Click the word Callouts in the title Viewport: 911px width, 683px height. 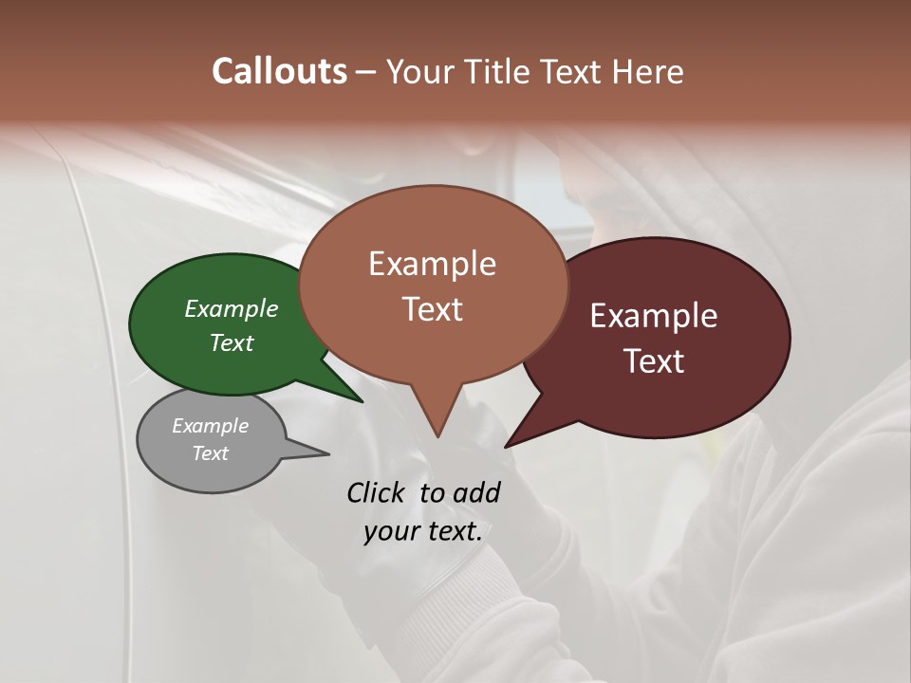(x=279, y=71)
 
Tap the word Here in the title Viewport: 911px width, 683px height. (x=648, y=71)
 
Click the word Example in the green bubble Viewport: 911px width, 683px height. (x=232, y=308)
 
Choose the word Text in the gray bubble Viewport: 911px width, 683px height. (x=210, y=453)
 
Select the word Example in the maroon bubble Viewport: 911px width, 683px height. (x=654, y=316)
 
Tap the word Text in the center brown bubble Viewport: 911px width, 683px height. (x=432, y=309)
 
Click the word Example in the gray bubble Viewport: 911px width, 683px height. (x=210, y=426)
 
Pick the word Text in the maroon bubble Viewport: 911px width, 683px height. (x=654, y=361)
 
